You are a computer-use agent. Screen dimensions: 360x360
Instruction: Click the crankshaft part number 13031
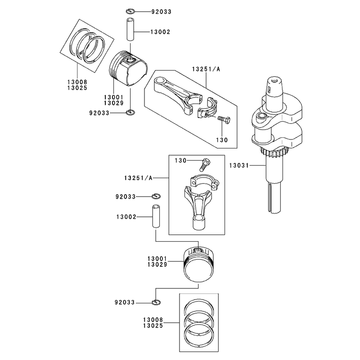click(239, 165)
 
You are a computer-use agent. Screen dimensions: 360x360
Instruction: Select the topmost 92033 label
click(161, 12)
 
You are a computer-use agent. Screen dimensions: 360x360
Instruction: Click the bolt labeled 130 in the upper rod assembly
click(223, 120)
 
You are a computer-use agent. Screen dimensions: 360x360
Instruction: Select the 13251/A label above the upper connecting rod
click(206, 69)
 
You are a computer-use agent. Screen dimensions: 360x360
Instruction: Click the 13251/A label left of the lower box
click(138, 178)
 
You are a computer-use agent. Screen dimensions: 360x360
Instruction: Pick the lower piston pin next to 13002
click(156, 216)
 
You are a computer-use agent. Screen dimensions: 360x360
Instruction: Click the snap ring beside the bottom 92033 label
click(156, 302)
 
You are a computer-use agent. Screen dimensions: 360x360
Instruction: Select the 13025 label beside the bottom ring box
click(153, 325)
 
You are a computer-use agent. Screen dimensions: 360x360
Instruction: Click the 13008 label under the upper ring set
click(77, 82)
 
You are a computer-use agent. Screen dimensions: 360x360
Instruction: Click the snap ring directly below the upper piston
click(130, 112)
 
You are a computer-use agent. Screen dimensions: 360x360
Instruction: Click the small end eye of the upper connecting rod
click(160, 83)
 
